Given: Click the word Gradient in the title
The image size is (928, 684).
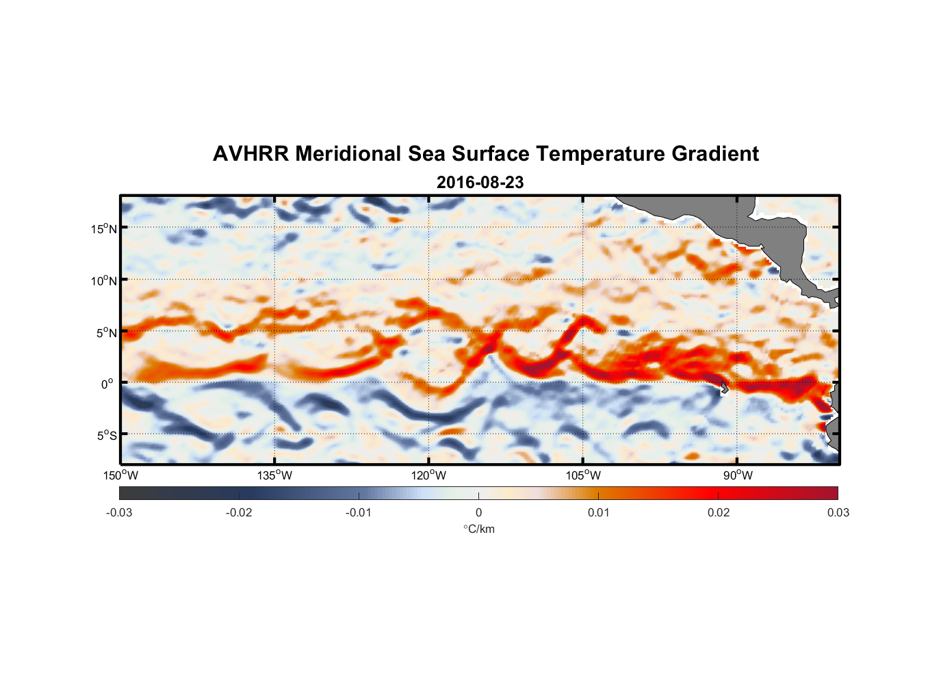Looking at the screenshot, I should [714, 154].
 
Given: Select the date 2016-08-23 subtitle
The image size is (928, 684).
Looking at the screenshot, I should [480, 183].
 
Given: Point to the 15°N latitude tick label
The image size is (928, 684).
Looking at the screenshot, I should [104, 228].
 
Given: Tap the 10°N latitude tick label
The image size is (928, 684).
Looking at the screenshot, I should [104, 280].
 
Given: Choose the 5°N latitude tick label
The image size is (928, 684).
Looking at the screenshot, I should [106, 332].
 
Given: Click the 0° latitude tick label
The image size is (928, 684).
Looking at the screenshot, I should [108, 384].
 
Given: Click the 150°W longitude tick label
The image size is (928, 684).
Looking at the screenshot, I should [120, 475].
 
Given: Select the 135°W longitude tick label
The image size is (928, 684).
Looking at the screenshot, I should [274, 475].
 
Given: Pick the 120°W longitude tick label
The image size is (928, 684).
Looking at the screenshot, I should [428, 475].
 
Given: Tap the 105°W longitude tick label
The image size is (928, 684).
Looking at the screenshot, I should [583, 475].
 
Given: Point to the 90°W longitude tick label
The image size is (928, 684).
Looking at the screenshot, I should [738, 475].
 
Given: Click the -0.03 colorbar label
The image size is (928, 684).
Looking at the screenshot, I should [119, 512].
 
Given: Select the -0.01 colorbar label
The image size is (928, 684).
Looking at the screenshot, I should [359, 512].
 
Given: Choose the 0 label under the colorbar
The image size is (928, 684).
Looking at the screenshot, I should [478, 512].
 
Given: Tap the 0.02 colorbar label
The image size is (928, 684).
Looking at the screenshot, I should [719, 512].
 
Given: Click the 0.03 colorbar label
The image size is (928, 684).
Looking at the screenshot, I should [838, 512].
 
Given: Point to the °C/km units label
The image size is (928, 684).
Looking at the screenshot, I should [478, 529].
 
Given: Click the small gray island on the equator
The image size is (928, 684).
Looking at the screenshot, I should [724, 387].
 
